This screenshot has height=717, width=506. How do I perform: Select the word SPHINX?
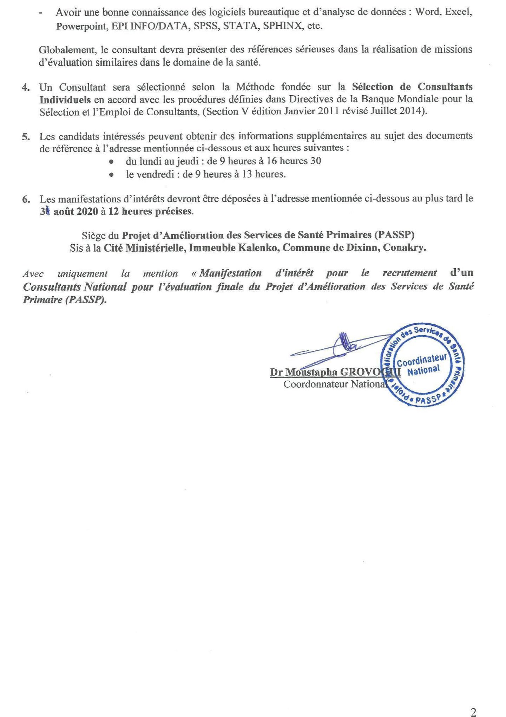click(282, 26)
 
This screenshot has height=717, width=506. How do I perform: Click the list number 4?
click(25, 87)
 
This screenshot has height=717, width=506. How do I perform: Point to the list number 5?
click(25, 136)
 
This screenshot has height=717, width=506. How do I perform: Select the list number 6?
click(26, 199)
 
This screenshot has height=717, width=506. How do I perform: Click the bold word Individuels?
click(65, 99)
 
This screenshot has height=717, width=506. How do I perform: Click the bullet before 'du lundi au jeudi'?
click(111, 162)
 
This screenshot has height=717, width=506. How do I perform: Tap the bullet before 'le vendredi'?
click(111, 174)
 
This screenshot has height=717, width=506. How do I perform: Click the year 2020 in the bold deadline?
click(85, 212)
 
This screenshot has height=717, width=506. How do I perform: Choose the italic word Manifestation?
click(231, 273)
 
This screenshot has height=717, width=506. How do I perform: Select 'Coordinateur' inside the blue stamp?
click(421, 360)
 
